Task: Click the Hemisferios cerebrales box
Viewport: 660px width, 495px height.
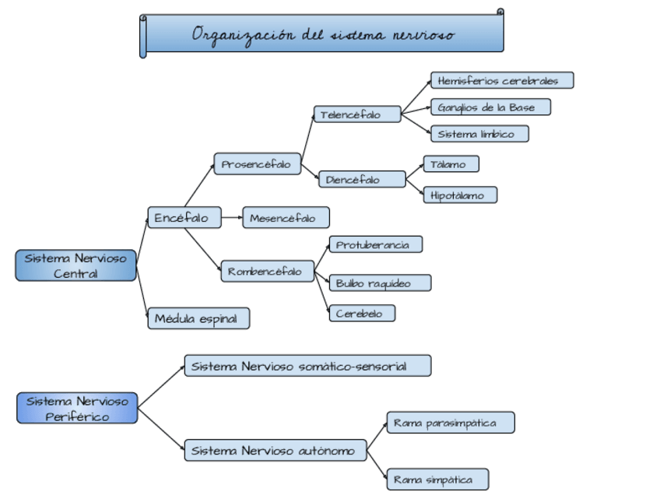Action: (502, 80)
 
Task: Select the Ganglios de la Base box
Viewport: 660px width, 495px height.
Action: (491, 107)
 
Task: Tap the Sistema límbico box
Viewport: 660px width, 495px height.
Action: (480, 134)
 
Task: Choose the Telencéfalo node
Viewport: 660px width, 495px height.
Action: (357, 114)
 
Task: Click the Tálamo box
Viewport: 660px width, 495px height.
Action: (451, 164)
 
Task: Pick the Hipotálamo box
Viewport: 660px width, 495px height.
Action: (461, 195)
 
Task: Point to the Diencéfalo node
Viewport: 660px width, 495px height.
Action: (362, 179)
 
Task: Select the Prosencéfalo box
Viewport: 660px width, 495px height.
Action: (258, 163)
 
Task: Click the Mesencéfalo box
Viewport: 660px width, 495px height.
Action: (286, 218)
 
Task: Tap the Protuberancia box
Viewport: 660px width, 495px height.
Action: (376, 244)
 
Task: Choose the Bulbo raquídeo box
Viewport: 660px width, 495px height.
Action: (381, 283)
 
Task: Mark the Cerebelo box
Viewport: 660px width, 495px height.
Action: (363, 313)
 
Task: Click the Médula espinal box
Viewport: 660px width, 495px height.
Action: (198, 318)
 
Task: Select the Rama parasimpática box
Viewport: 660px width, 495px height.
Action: (451, 423)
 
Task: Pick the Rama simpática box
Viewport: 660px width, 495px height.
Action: (437, 479)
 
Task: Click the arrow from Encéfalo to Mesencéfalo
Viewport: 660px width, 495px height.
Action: (232, 218)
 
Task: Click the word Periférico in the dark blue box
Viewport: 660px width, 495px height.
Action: (77, 416)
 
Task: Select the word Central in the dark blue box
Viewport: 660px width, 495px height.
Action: (75, 274)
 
